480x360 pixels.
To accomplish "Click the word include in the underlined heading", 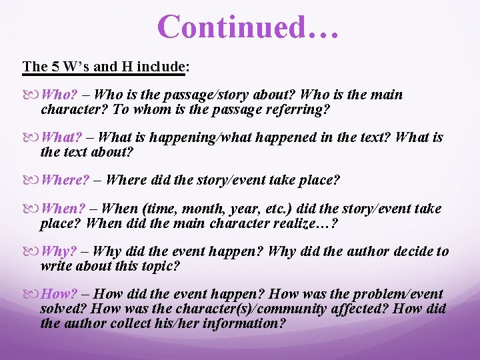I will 161,67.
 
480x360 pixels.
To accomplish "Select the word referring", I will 298,109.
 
